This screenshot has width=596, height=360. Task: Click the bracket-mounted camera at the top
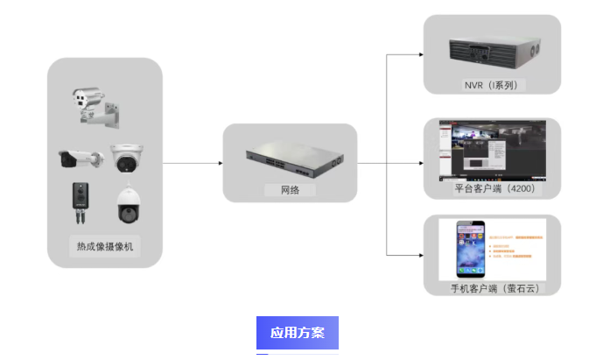pyautogui.click(x=96, y=105)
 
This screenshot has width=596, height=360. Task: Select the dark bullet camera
pyautogui.click(x=80, y=159)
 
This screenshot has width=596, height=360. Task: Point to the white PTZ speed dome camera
pyautogui.click(x=130, y=205)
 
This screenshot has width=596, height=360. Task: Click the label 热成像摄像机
pyautogui.click(x=105, y=247)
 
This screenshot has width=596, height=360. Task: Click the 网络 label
pyautogui.click(x=290, y=189)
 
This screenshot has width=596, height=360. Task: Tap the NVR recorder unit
pyautogui.click(x=491, y=50)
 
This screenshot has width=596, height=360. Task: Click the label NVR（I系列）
pyautogui.click(x=491, y=85)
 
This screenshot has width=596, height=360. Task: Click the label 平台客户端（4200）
pyautogui.click(x=492, y=188)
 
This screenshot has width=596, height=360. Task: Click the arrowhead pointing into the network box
pyautogui.click(x=220, y=163)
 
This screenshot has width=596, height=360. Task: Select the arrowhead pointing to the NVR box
pyautogui.click(x=420, y=54)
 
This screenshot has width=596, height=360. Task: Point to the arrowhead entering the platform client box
pyautogui.click(x=420, y=163)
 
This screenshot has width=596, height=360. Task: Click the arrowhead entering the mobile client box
pyautogui.click(x=420, y=255)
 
